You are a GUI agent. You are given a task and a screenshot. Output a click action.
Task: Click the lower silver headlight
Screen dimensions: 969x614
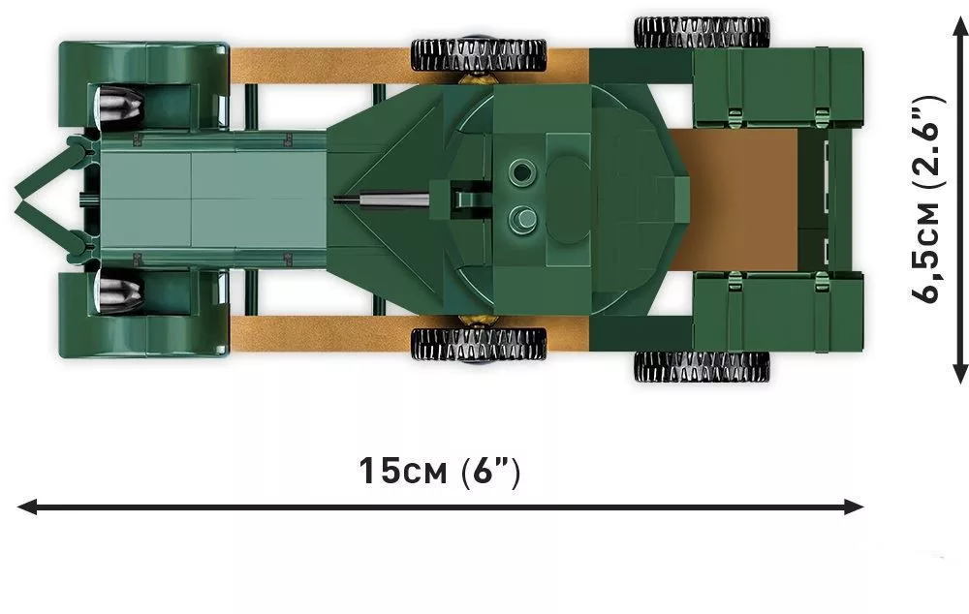click(x=120, y=292)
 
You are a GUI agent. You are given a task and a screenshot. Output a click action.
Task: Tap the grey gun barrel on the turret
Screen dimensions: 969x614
click(x=382, y=199)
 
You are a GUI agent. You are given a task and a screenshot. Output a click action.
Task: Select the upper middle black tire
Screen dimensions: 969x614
click(x=479, y=55)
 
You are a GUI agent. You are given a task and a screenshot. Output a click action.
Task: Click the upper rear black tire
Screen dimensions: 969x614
click(x=702, y=32)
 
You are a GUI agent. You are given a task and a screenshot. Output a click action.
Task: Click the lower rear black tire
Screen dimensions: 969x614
click(x=702, y=367)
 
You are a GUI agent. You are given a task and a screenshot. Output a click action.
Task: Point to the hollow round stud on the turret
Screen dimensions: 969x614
click(x=521, y=170)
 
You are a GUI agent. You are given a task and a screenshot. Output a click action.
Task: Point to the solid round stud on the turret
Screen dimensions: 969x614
click(x=522, y=218)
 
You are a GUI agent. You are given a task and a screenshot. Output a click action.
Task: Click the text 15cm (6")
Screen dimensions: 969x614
click(x=440, y=472)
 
